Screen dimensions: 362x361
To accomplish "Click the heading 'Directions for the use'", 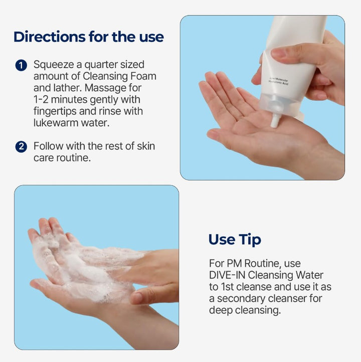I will pos(88,37).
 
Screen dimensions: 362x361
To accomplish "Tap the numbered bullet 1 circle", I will pos(21,65).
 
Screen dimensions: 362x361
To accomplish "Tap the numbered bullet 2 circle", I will pos(21,146).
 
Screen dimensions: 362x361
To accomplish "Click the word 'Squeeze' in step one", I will pos(52,65).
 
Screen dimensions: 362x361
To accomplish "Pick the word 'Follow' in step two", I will pos(47,146).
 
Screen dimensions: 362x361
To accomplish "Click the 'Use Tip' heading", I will pos(235,240).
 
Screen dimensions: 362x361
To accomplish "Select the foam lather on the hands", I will pos(85,266).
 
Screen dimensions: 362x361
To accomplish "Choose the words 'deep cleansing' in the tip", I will pos(245,310).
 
